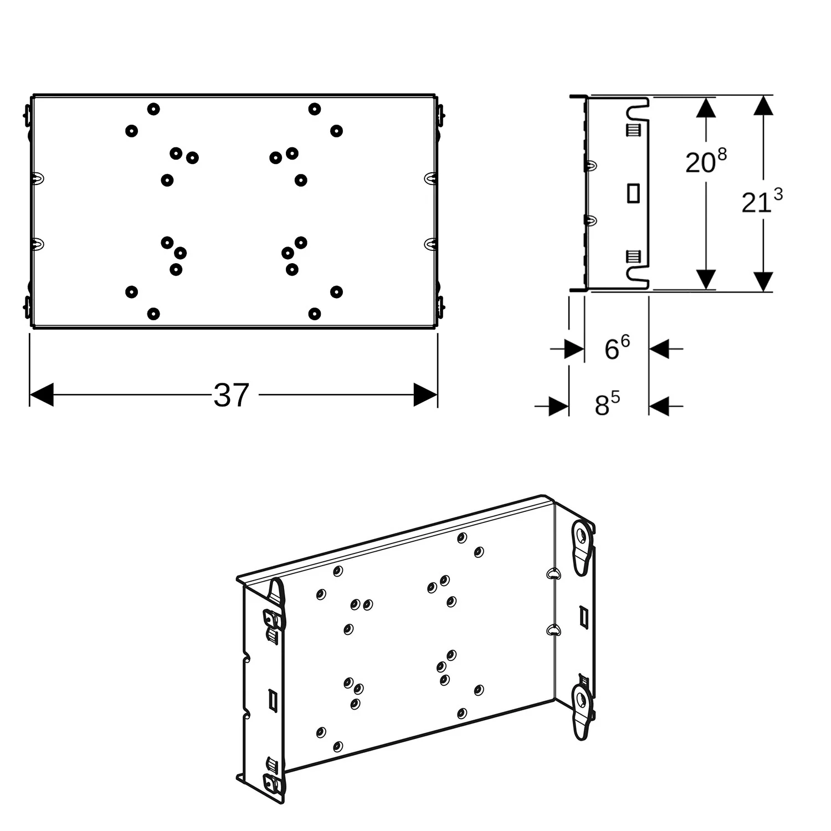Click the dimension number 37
[232, 396]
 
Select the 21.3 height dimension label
[762, 202]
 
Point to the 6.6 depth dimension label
[617, 348]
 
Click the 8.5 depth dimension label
[607, 405]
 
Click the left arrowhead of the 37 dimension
[41, 394]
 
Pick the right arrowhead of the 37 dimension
[425, 394]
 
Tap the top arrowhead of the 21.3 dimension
[763, 105]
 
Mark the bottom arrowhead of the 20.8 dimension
[706, 280]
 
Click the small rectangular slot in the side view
[633, 193]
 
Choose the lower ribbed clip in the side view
[634, 257]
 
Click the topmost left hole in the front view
[153, 109]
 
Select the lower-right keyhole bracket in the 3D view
[583, 712]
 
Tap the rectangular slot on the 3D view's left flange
[273, 699]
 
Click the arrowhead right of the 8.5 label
[659, 406]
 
